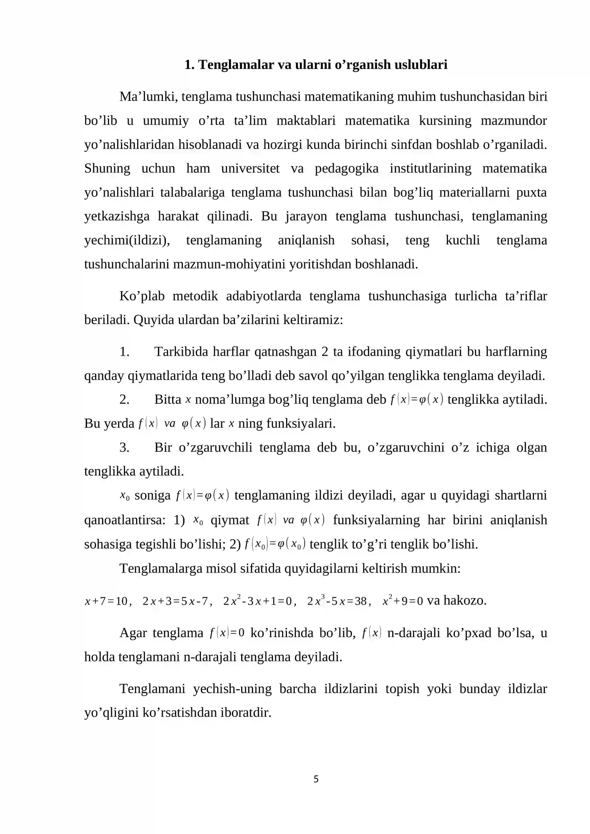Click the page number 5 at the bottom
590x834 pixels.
point(316,779)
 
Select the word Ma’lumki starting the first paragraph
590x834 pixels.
point(148,97)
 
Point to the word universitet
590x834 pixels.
point(250,168)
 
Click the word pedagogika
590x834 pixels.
point(346,168)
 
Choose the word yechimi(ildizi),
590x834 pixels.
point(127,240)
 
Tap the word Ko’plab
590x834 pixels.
point(142,296)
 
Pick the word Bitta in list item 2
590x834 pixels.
point(168,399)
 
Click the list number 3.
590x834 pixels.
point(124,448)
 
